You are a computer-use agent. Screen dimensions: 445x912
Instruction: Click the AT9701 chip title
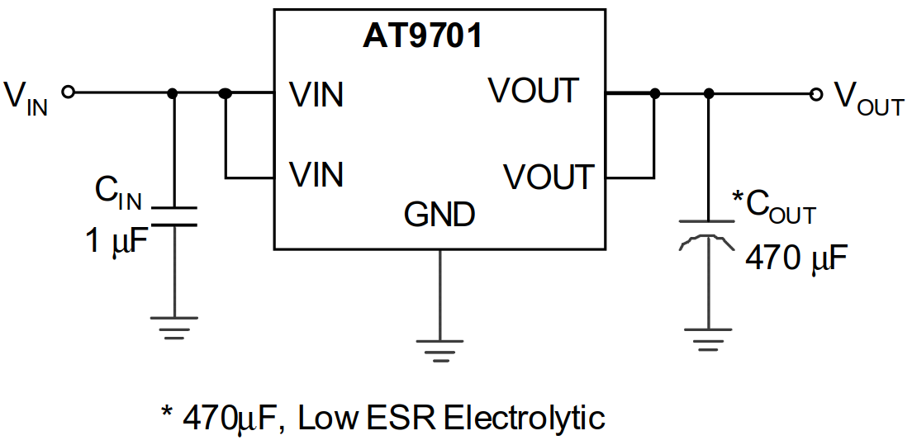[x=422, y=36]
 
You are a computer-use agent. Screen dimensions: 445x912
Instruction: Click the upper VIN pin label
[x=316, y=95]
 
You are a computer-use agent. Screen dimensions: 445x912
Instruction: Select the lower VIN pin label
[x=316, y=175]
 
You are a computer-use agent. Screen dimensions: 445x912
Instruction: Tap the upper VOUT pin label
[x=534, y=91]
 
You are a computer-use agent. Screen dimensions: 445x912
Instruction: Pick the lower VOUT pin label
[x=549, y=177]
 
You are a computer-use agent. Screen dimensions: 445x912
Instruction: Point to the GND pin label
[x=439, y=215]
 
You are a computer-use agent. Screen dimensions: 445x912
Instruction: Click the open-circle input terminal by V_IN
[x=69, y=92]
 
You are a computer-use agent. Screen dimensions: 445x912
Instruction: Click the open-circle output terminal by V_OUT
[x=816, y=94]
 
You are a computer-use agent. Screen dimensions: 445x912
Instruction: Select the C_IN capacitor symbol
[x=173, y=215]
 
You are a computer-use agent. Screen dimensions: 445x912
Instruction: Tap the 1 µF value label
[x=116, y=242]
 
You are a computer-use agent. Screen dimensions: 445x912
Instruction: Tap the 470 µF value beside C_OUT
[x=796, y=259]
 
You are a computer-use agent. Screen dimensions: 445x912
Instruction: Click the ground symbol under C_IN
[x=173, y=327]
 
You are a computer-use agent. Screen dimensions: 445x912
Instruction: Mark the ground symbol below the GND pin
[x=439, y=350]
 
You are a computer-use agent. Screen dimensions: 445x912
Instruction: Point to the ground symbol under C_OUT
[x=707, y=337]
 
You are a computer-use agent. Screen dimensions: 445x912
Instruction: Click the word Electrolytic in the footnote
[x=524, y=418]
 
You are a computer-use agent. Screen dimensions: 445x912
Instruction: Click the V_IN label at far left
[x=26, y=97]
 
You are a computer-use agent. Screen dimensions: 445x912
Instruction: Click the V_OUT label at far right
[x=867, y=99]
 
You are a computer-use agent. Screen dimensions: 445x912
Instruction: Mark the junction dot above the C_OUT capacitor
[x=707, y=94]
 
